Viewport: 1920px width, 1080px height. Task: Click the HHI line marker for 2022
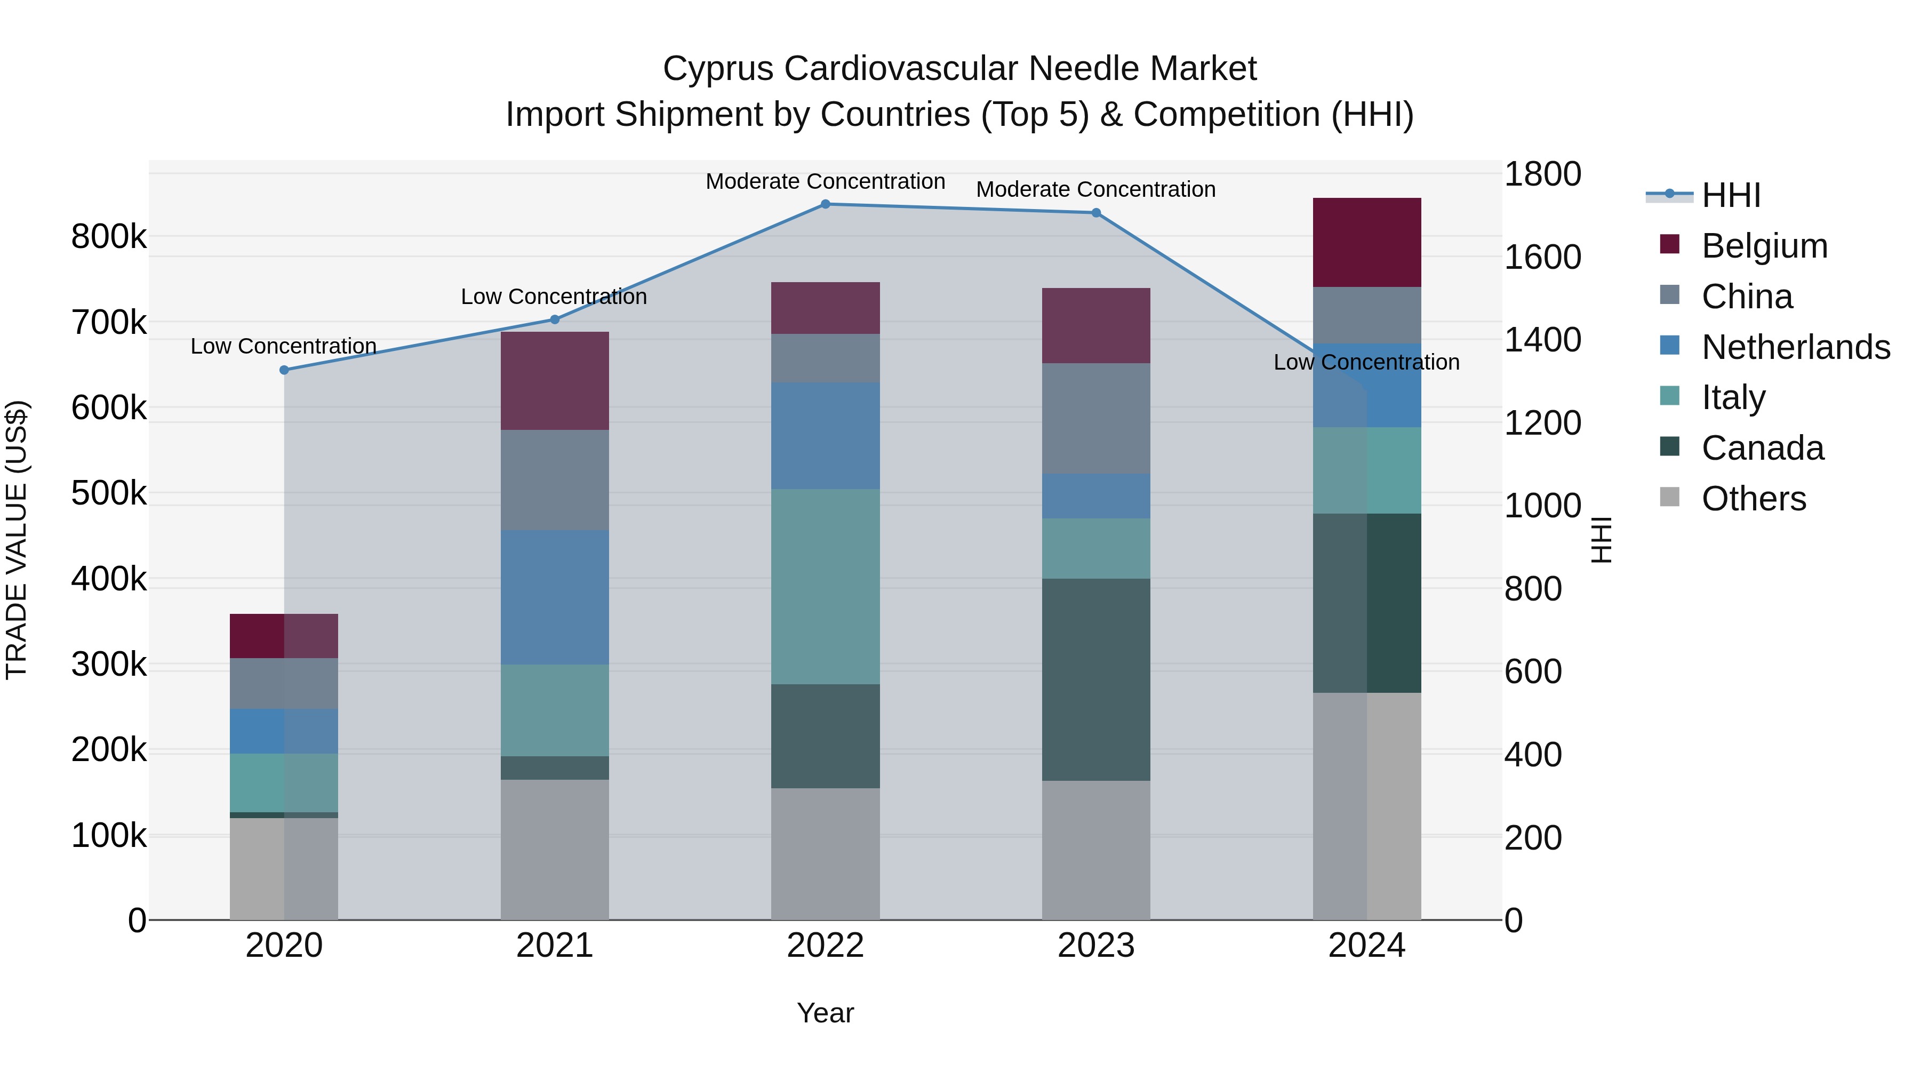825,204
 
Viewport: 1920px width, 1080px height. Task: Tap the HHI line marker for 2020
284,371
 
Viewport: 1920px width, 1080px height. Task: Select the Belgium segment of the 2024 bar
1366,243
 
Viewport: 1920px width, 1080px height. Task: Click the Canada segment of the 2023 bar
1095,680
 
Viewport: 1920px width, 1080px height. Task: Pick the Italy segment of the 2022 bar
825,587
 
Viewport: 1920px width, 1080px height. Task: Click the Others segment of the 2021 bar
555,850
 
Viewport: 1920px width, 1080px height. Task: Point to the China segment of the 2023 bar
1095,419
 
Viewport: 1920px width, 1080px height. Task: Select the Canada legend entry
1762,448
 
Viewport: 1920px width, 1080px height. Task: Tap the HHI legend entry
1731,195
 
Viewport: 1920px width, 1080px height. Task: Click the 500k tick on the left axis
109,493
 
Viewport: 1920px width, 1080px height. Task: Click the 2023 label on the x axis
1095,946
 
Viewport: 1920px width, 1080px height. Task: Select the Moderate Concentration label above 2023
1095,189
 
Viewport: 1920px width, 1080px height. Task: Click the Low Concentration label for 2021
554,297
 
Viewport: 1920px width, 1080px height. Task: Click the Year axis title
825,1013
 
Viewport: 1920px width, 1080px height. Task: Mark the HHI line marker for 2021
555,320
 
